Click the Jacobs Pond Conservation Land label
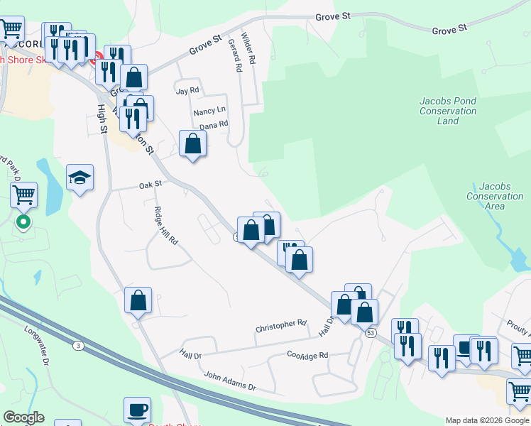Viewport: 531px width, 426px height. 448,111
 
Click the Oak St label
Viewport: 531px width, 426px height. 151,185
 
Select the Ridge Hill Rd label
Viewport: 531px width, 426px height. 165,225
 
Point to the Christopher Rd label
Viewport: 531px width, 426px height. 280,326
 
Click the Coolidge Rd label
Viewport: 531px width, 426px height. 307,354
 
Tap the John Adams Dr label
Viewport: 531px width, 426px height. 229,381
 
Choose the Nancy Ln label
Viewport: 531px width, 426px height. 209,112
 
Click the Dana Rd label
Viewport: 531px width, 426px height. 214,125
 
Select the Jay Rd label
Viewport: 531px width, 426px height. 188,91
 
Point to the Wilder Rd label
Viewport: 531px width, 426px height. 247,48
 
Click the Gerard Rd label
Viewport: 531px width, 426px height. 235,55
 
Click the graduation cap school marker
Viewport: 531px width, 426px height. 80,178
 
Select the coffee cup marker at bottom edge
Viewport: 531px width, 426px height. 137,410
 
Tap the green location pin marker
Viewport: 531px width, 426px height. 23,222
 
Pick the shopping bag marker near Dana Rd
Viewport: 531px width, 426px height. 193,144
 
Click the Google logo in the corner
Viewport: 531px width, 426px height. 24,417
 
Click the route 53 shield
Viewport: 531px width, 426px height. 371,332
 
